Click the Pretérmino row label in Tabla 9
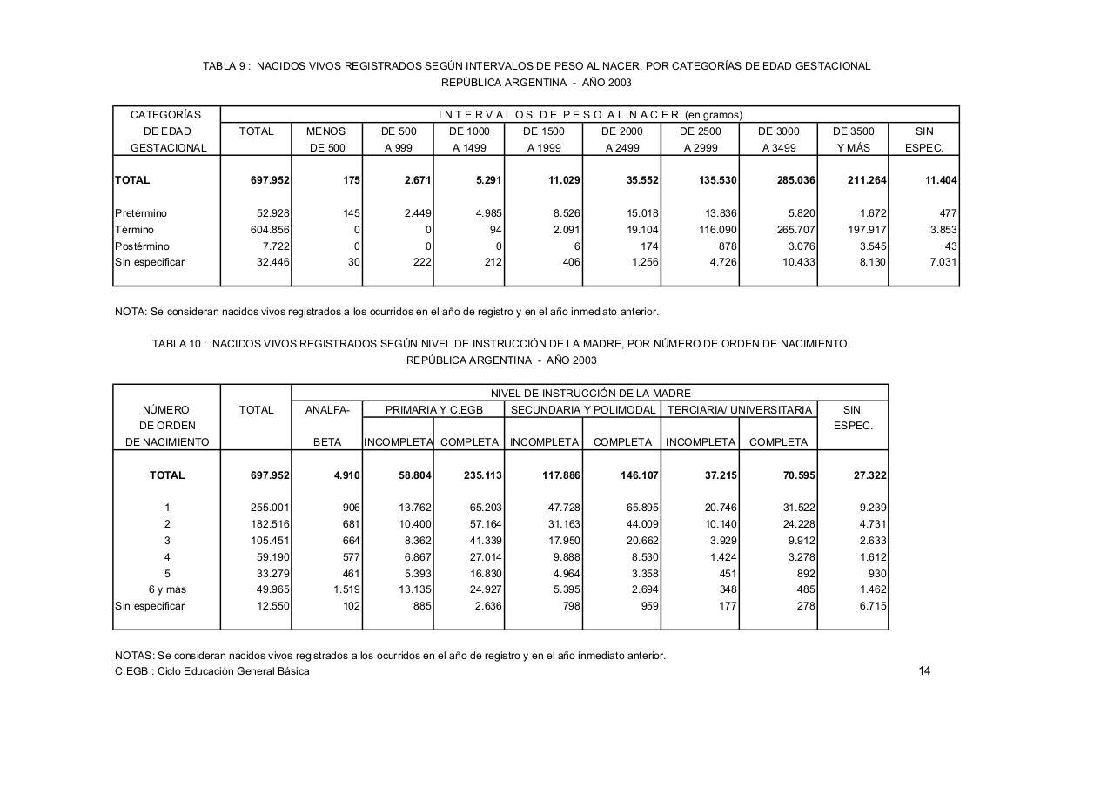[x=141, y=213]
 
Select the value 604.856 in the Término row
[x=270, y=230]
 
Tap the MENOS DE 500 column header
[x=326, y=139]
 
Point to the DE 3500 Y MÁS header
[x=853, y=139]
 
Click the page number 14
[x=924, y=670]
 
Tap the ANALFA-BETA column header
[x=327, y=426]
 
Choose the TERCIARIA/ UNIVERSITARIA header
[x=739, y=410]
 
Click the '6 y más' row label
[x=167, y=589]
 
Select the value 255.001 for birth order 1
[x=270, y=508]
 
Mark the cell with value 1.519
[x=345, y=589]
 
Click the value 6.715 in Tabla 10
[x=871, y=606]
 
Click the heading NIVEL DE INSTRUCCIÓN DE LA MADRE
[x=590, y=394]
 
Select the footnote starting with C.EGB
[x=212, y=671]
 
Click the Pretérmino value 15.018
[x=638, y=213]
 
